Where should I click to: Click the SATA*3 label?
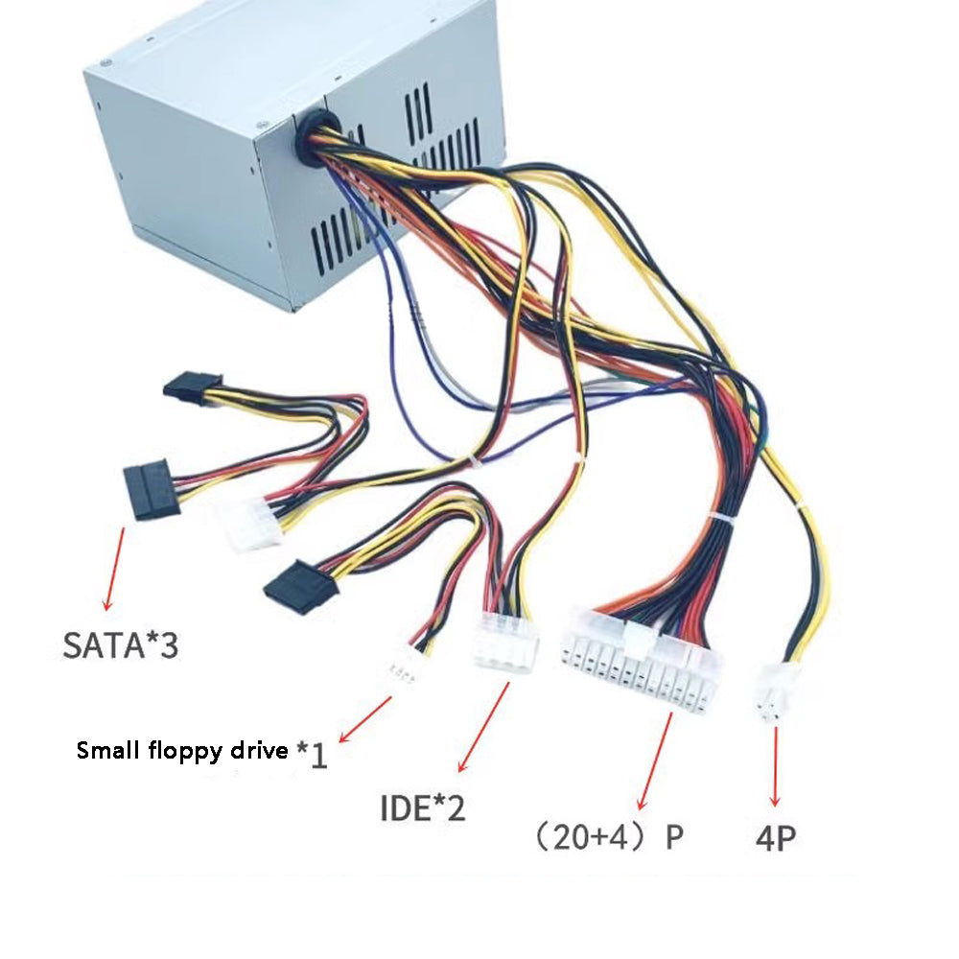(121, 643)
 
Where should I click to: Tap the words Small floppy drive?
(181, 750)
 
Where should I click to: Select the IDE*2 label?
(422, 807)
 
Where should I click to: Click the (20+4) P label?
(609, 837)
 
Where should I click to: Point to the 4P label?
(775, 839)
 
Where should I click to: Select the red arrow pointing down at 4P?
(774, 766)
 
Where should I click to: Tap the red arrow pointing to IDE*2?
(483, 728)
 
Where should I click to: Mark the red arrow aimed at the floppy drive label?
(365, 720)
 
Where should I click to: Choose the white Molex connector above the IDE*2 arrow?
(505, 645)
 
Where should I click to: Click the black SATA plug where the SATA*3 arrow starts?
(148, 488)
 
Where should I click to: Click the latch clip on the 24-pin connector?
(636, 633)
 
